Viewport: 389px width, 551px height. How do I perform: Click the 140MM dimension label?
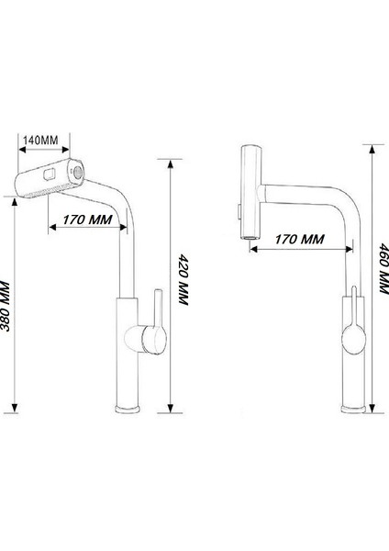(40, 139)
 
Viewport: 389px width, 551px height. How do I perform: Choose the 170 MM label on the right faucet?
(297, 240)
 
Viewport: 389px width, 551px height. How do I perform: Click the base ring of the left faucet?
(128, 408)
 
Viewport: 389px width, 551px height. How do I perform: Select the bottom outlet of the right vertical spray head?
(248, 237)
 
